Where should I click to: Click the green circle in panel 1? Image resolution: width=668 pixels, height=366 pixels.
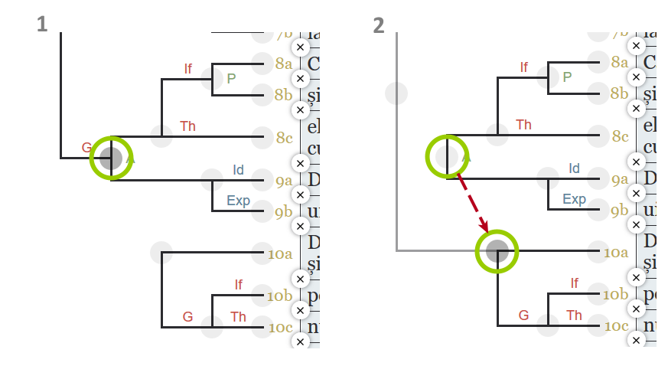coord(111,158)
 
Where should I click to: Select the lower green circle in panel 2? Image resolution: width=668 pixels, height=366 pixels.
coord(497,250)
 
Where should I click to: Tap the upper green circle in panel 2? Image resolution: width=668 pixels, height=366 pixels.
coord(447,157)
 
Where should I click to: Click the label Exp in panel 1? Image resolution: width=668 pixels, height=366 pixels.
coord(238,201)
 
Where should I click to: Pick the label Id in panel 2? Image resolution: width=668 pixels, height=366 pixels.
coord(574,168)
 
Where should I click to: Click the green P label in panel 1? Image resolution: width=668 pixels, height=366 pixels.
coord(231,77)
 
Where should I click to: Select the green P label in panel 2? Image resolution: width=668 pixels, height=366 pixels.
coord(567,77)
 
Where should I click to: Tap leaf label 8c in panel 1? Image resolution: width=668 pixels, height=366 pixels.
coord(285,138)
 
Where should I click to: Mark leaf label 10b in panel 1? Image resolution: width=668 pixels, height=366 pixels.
coord(280,295)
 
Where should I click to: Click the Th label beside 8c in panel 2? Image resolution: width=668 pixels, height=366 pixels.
coord(524,125)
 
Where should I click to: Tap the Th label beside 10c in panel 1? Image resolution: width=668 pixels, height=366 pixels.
coord(238,316)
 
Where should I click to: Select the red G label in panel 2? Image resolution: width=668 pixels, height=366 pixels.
coord(523,315)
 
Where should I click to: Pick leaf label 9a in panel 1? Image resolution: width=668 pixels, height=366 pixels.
coord(284,181)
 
